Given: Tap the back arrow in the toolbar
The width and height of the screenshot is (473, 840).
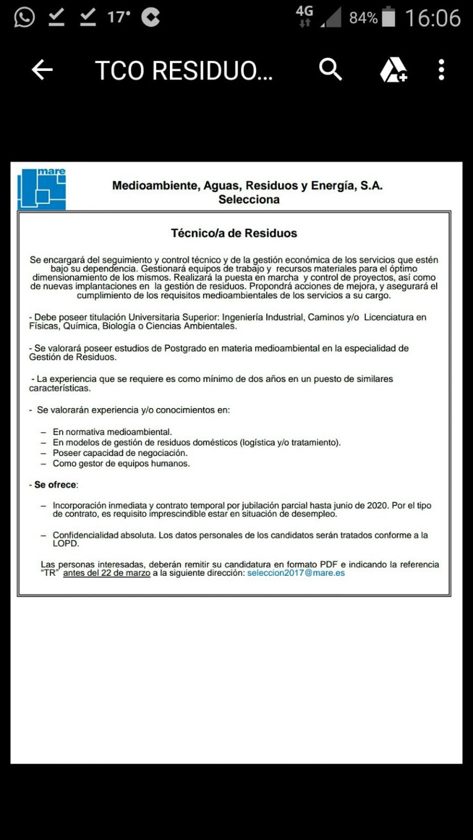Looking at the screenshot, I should click(42, 70).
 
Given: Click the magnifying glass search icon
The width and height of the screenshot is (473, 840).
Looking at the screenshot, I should click(331, 70).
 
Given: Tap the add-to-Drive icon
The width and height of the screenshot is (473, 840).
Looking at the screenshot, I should click(393, 70).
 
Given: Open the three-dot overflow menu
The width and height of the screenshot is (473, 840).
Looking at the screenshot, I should click(441, 70).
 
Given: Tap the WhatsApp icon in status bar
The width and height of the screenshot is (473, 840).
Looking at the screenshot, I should click(24, 18).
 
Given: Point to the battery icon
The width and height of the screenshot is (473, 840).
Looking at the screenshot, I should click(388, 17).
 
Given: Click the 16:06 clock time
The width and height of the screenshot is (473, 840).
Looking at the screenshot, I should click(433, 18).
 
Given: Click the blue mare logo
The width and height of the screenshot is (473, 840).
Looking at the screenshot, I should click(41, 189).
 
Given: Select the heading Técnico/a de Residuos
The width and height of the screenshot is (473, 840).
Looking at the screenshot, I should click(234, 233).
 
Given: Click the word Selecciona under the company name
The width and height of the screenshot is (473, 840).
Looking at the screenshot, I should click(249, 199).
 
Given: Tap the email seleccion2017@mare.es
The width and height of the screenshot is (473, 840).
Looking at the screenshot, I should click(296, 573).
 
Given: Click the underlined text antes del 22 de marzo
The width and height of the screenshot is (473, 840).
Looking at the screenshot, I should click(107, 573).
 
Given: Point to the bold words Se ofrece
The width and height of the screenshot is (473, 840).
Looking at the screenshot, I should click(55, 485).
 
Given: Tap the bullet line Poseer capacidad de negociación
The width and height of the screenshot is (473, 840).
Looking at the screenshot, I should click(120, 453).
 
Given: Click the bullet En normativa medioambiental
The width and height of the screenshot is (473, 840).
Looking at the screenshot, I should click(112, 432).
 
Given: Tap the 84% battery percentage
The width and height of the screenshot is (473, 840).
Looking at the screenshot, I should click(363, 18).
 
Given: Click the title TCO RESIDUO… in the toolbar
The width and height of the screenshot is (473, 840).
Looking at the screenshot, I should click(184, 71).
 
